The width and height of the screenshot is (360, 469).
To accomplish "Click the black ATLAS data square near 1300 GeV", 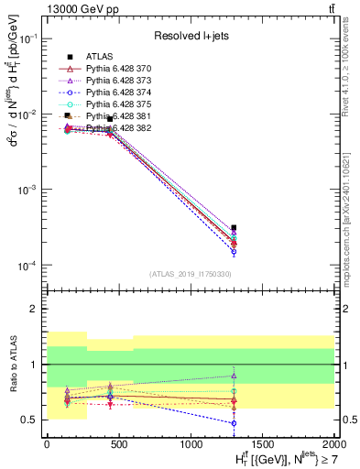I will [235, 227].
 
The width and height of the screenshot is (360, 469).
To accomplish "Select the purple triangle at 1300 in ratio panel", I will [235, 376].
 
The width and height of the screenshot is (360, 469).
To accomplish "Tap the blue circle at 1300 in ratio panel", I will [235, 423].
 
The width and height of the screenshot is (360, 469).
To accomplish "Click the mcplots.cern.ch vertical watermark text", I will [352, 211].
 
